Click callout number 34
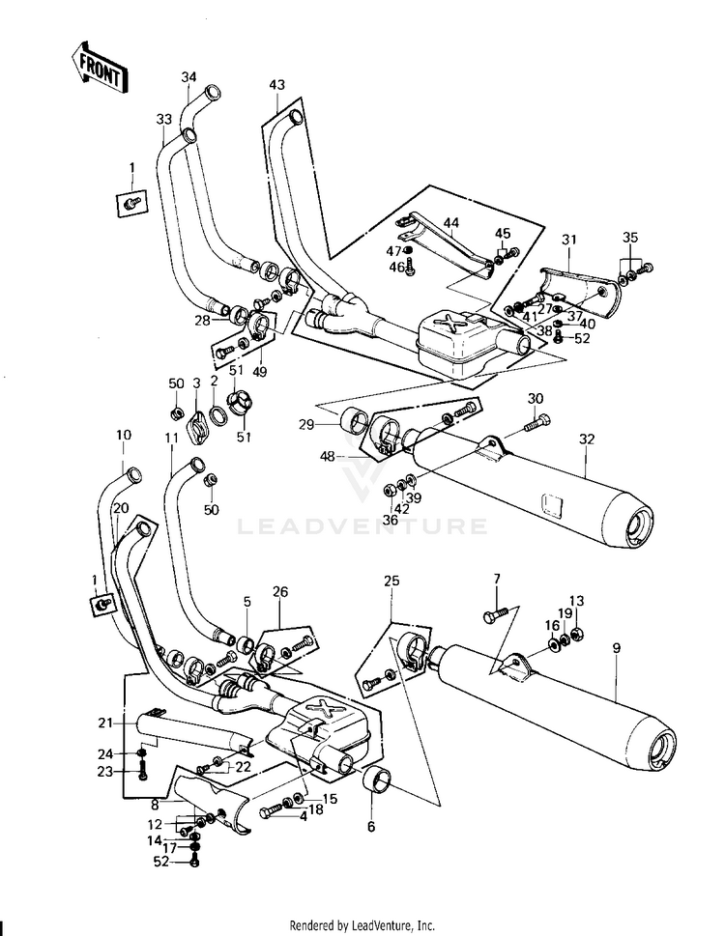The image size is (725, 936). click(188, 77)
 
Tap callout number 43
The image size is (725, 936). click(277, 86)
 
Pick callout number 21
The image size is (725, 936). click(105, 723)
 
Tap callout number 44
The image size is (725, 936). click(450, 223)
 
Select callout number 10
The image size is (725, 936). click(123, 436)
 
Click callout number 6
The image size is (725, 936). click(372, 827)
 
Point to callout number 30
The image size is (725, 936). click(535, 399)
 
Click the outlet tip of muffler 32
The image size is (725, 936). click(640, 528)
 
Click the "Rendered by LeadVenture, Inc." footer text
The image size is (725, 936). click(362, 924)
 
